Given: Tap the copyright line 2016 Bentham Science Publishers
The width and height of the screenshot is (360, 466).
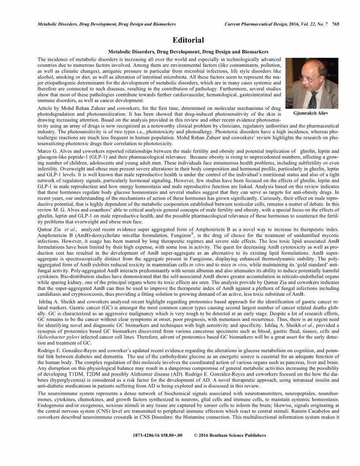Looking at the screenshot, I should (x=230, y=435).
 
